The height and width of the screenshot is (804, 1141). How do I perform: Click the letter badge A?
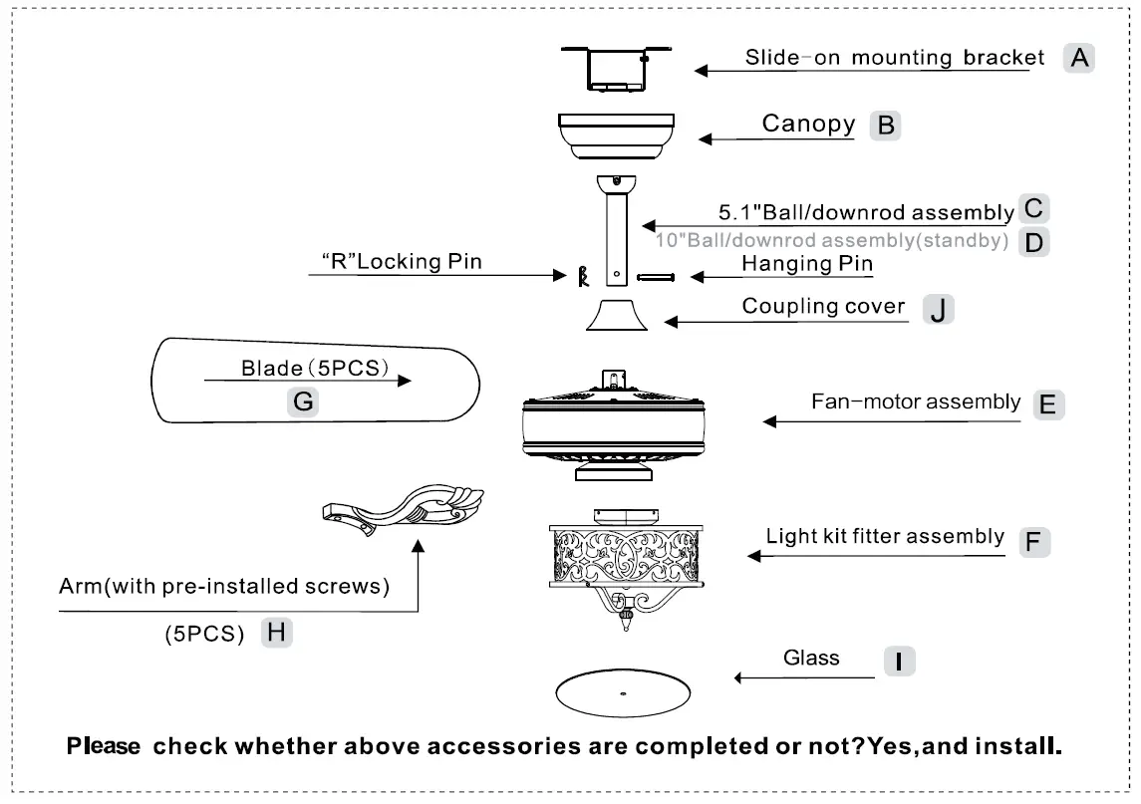click(1078, 58)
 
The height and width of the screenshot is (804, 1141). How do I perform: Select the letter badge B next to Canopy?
click(884, 126)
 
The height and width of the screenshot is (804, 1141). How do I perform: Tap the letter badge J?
click(937, 309)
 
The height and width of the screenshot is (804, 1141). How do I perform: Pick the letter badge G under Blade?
click(303, 402)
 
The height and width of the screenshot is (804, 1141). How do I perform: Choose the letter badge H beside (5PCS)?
click(276, 633)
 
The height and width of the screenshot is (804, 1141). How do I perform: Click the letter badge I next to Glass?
click(899, 661)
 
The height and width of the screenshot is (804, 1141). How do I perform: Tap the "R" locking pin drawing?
click(584, 276)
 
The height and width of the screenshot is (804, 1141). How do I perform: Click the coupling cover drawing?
click(618, 315)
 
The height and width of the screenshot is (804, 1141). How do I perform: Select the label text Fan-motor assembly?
click(915, 402)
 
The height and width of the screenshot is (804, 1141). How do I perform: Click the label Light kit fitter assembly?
click(885, 537)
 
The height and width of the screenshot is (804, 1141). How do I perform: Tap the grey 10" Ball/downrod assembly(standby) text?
click(832, 241)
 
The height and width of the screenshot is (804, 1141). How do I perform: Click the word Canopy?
click(808, 125)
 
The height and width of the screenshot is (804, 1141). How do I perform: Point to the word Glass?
click(811, 658)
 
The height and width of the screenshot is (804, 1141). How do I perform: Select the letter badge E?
click(1048, 404)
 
